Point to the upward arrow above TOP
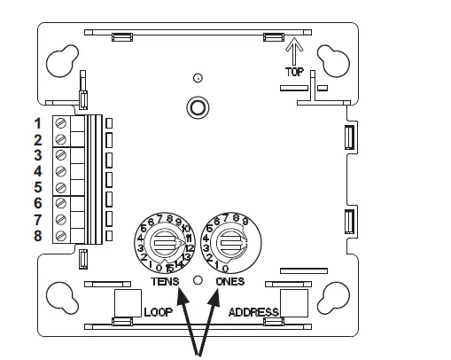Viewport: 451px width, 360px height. click(293, 49)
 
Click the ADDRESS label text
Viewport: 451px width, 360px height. click(253, 312)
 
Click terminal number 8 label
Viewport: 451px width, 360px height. click(38, 235)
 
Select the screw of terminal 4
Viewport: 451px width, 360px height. click(61, 171)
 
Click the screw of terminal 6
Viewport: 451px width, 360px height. click(61, 203)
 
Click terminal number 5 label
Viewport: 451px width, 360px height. click(38, 187)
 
